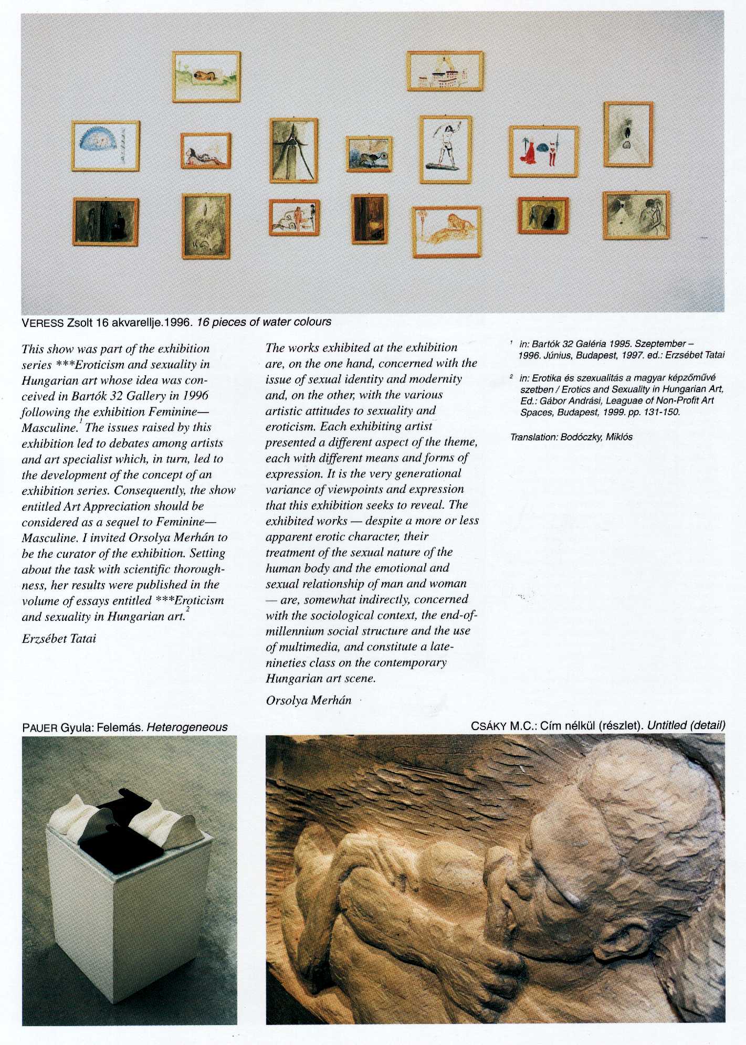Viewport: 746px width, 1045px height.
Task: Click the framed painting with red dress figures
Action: [x=544, y=152]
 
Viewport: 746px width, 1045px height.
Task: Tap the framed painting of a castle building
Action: [x=445, y=71]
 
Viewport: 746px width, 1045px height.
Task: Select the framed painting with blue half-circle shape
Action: [x=106, y=146]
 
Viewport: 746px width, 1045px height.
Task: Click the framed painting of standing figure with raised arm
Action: [x=445, y=150]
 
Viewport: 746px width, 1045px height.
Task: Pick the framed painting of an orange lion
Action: [x=447, y=231]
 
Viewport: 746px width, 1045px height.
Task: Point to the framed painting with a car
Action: [x=294, y=218]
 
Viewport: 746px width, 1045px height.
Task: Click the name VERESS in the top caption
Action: [x=43, y=322]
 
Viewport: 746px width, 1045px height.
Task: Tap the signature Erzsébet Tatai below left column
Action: [x=59, y=639]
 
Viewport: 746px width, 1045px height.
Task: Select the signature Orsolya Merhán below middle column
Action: [x=308, y=700]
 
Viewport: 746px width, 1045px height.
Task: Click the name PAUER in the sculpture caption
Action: [x=40, y=727]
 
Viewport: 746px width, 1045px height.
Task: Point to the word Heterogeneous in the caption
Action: [x=187, y=727]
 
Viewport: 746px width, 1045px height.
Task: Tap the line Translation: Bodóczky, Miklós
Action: [x=571, y=437]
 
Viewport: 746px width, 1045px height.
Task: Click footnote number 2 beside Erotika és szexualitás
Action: [x=511, y=377]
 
